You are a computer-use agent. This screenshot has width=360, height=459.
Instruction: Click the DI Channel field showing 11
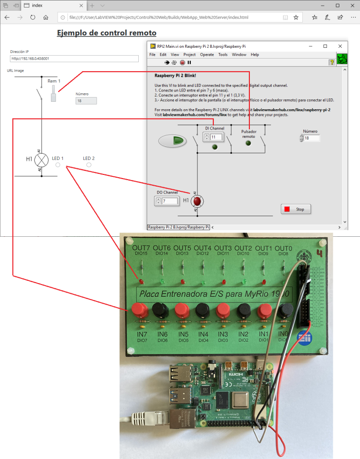click(216, 137)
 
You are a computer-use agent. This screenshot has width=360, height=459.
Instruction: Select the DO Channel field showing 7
click(170, 201)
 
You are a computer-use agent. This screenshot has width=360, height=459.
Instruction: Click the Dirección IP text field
click(75, 59)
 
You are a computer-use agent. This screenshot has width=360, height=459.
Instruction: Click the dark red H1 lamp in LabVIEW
click(197, 201)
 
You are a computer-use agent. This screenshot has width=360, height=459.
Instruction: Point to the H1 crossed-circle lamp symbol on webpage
click(42, 160)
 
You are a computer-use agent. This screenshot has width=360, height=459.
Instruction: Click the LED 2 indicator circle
click(89, 165)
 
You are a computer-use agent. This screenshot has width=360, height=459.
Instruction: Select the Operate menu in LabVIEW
click(207, 54)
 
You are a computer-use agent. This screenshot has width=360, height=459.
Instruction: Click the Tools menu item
click(223, 54)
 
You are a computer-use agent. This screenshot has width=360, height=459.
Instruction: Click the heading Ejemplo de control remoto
click(106, 33)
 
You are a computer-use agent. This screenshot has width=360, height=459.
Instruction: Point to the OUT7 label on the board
click(141, 248)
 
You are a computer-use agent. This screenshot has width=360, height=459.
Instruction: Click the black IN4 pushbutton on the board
click(202, 310)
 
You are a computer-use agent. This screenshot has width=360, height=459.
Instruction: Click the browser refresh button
click(33, 17)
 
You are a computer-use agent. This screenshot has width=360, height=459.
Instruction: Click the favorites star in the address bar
click(296, 17)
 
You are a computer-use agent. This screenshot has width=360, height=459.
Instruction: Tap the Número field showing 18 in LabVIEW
click(312, 138)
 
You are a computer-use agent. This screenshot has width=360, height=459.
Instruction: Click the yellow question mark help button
click(332, 62)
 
